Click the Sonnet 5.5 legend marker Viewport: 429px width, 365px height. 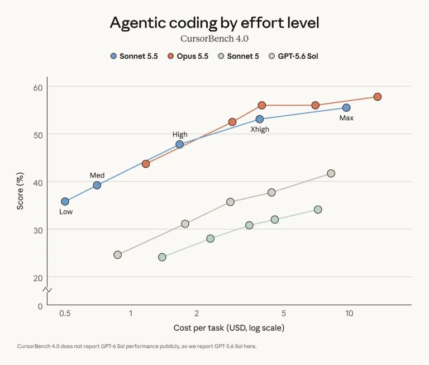coord(113,56)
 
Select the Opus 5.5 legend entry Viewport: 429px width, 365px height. coord(188,56)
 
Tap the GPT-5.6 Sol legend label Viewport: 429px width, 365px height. coord(298,56)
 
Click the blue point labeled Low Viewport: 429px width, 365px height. coord(65,202)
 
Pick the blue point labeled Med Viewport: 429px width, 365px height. coord(97,186)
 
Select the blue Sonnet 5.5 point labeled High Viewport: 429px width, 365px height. coord(179,144)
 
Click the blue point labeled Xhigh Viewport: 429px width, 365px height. coord(260,119)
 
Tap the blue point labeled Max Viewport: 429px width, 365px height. coord(346,108)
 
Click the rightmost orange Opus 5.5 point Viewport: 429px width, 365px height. coord(378,97)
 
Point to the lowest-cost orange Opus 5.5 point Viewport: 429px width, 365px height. coord(146,164)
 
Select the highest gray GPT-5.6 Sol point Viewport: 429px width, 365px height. coord(331,173)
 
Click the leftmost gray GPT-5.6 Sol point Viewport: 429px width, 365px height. coord(118,255)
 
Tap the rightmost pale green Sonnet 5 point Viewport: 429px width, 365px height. coord(318,210)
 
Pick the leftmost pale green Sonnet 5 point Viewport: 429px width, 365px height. coord(162,257)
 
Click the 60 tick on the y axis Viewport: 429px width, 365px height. coord(38,88)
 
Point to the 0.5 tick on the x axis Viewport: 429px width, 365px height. coord(65,313)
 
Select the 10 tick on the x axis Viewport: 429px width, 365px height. coord(349,313)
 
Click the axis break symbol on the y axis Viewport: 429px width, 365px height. coord(47,290)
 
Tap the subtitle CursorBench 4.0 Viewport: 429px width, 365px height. coord(214,39)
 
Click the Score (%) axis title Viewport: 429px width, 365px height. coord(20,191)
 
